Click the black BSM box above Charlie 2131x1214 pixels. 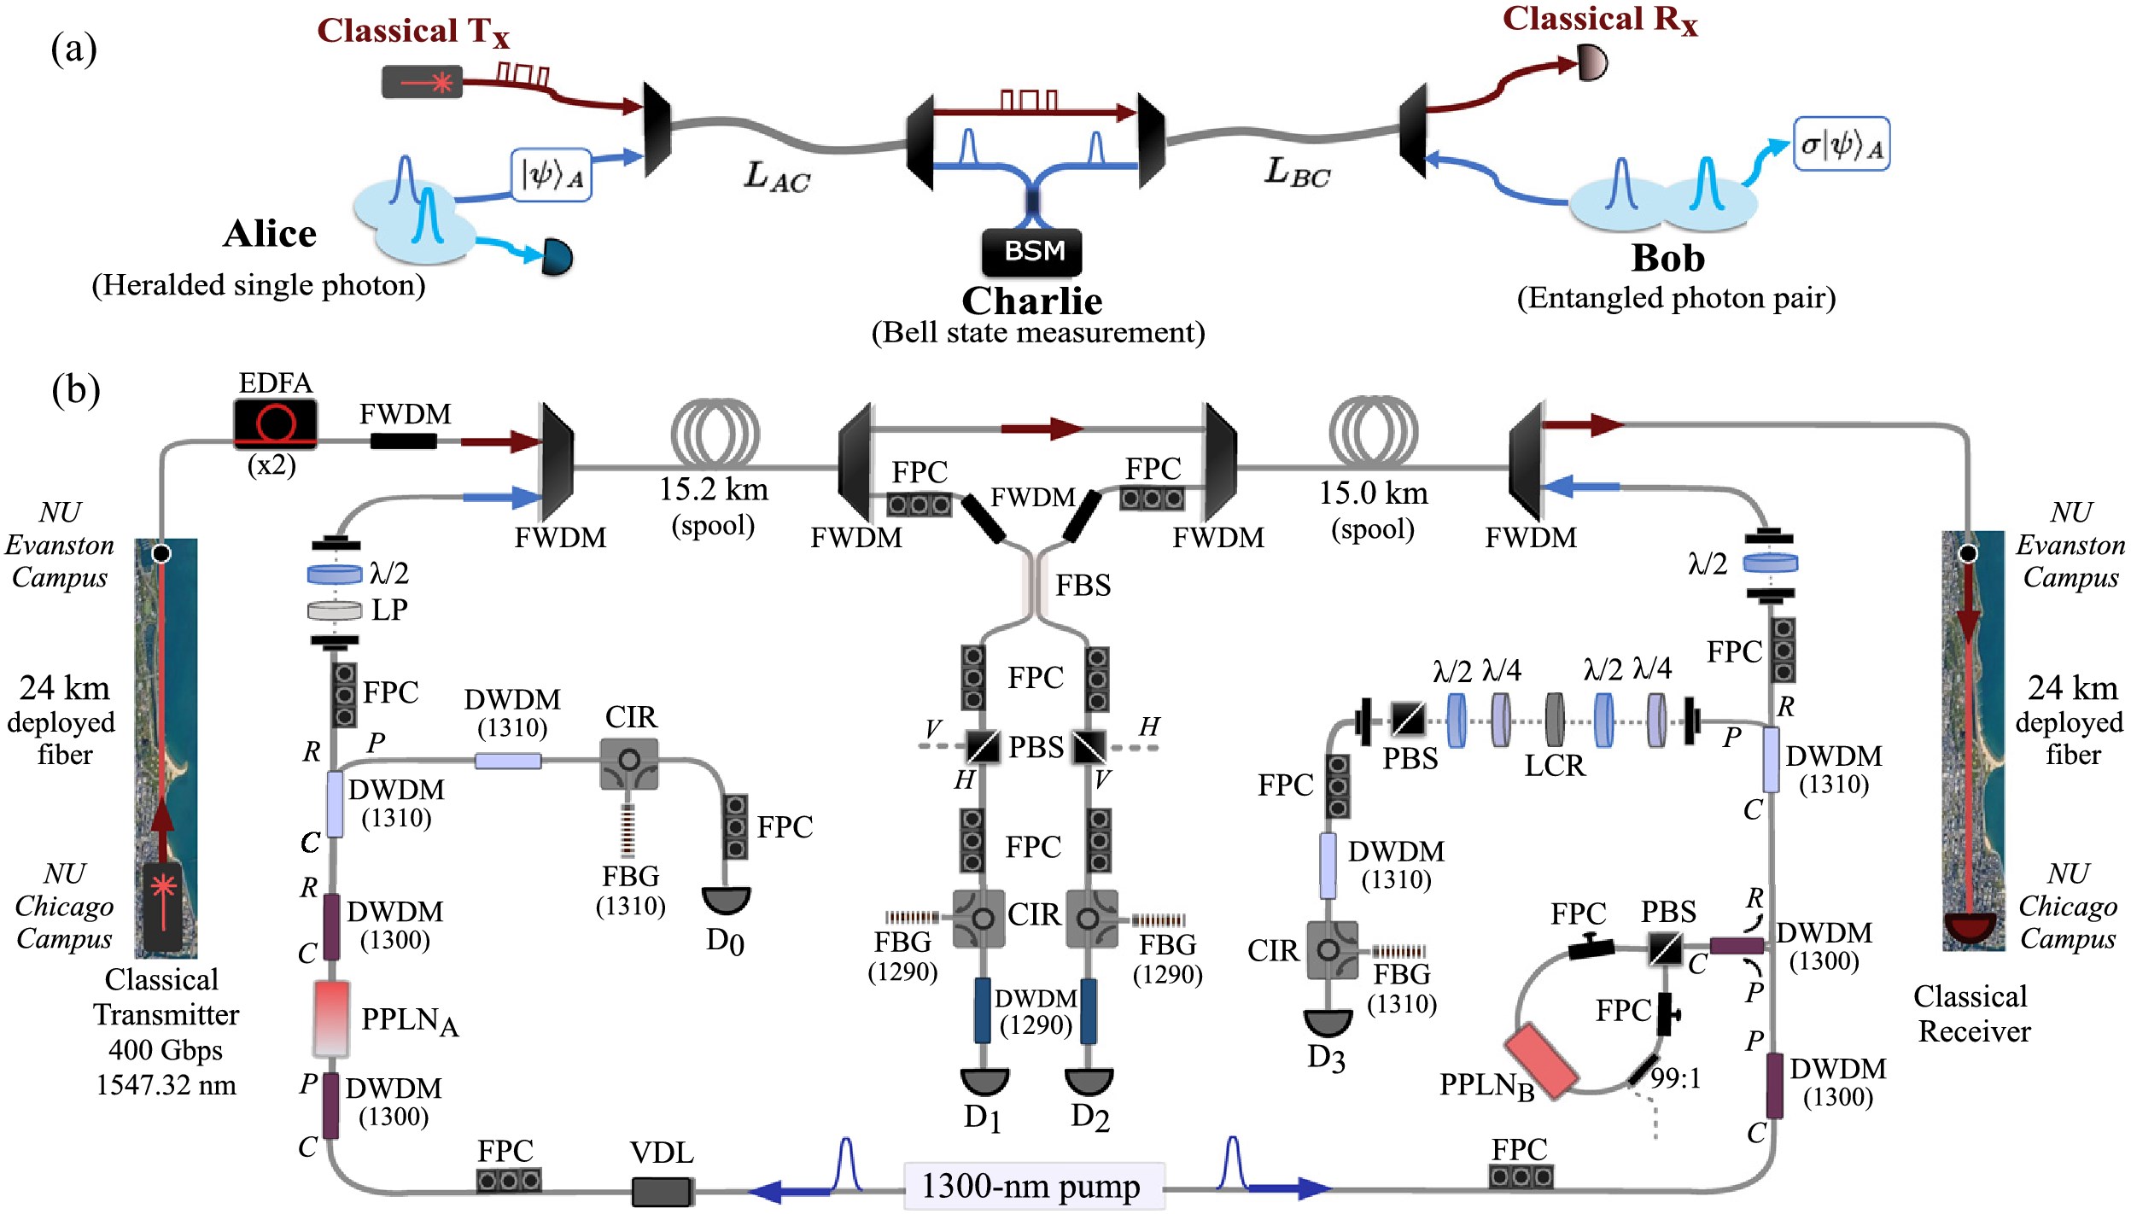[x=1031, y=252]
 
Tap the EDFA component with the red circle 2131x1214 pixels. [x=275, y=423]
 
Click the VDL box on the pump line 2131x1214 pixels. [x=662, y=1191]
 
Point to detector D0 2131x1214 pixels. [x=726, y=900]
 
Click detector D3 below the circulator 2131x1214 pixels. [x=1327, y=1023]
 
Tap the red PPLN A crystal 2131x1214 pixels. [x=331, y=1018]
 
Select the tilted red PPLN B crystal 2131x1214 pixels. [x=1540, y=1059]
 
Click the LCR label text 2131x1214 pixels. [x=1555, y=766]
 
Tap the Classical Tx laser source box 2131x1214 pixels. [x=422, y=82]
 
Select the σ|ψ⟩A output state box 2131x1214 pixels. [x=1841, y=144]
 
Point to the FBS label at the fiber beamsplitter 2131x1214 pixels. [x=1083, y=586]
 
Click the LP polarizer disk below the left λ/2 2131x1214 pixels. [x=335, y=610]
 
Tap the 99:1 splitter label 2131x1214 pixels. [x=1675, y=1078]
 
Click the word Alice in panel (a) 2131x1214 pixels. [x=270, y=234]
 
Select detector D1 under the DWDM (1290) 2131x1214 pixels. [x=984, y=1083]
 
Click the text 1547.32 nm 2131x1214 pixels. [x=166, y=1085]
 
